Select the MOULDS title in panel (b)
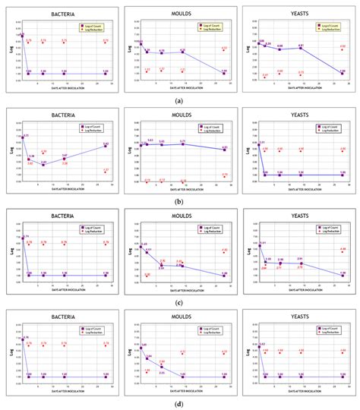(x=181, y=114)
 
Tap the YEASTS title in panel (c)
(x=299, y=215)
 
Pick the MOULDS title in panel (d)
(x=181, y=317)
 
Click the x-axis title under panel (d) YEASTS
(x=299, y=392)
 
